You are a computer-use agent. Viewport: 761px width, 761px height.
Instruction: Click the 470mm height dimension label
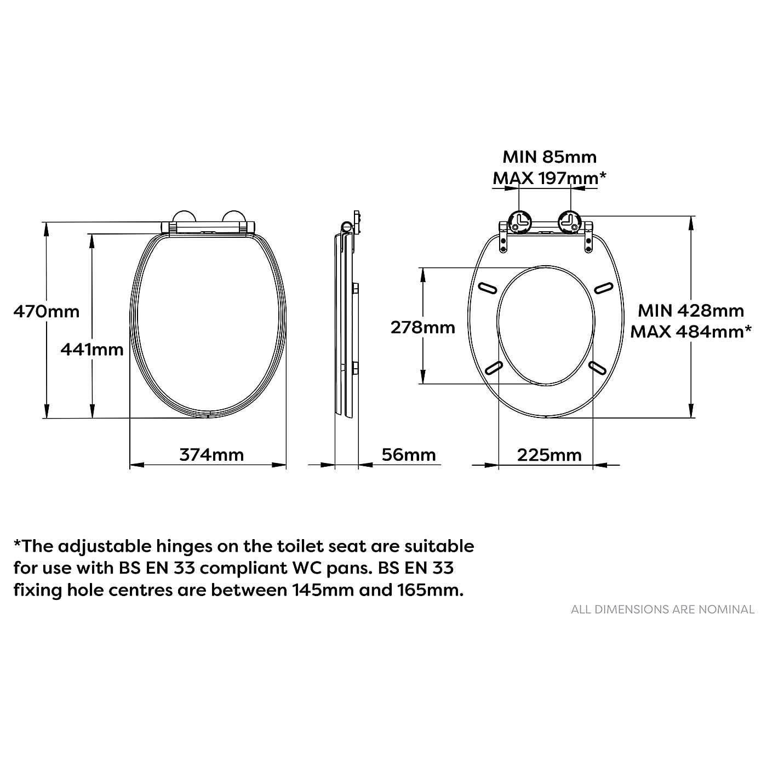click(47, 312)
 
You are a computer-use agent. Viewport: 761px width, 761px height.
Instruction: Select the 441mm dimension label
click(92, 349)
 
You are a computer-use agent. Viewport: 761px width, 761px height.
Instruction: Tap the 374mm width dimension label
click(211, 455)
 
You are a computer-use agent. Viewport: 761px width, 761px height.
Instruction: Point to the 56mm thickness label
click(409, 455)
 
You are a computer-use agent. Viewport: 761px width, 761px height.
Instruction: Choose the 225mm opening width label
click(549, 455)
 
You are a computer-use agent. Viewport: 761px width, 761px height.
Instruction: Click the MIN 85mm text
click(549, 157)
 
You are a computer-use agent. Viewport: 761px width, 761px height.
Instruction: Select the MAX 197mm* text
click(549, 178)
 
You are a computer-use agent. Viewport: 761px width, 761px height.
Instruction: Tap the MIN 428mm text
click(690, 311)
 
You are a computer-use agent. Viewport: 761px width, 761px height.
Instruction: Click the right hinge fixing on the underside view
click(570, 221)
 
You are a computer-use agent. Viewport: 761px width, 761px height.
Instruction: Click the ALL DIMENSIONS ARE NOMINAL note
click(662, 609)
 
